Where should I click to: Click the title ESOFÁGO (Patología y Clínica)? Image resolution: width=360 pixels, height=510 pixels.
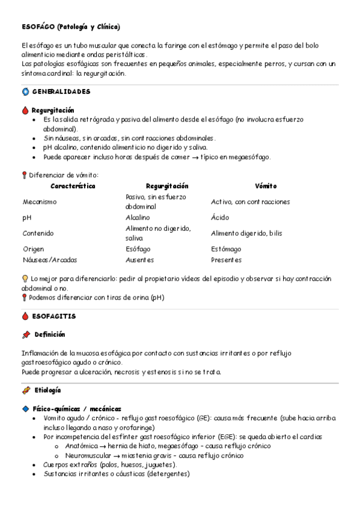(70, 27)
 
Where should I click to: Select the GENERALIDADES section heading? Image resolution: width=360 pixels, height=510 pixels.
(61, 91)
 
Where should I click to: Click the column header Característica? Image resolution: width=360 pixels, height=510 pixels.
(73, 186)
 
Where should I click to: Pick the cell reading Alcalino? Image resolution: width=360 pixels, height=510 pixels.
(138, 217)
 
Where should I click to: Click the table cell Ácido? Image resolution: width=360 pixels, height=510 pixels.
(220, 217)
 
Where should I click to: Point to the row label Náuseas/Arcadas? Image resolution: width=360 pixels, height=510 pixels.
(50, 260)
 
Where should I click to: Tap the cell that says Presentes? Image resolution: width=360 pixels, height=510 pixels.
(226, 260)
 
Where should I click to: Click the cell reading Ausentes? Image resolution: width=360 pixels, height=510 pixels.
(139, 260)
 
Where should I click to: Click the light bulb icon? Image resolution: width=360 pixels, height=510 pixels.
(25, 278)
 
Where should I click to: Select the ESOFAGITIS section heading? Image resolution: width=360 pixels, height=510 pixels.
(54, 316)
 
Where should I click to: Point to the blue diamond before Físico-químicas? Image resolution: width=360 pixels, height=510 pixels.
(25, 408)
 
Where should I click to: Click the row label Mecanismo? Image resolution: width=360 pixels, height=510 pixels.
(40, 201)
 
